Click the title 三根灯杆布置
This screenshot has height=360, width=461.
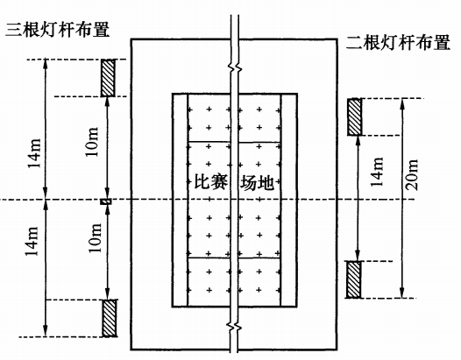point(58,30)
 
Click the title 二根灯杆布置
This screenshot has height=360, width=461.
point(398,43)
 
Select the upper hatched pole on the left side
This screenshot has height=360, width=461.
point(108,78)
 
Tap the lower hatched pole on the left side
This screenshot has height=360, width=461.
point(109,318)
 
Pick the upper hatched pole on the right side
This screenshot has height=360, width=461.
point(355,117)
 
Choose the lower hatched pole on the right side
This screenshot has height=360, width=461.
point(353,279)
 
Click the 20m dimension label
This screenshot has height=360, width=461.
point(412,175)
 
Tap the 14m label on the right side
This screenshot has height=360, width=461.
point(377,173)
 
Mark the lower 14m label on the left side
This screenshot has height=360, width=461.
point(32,241)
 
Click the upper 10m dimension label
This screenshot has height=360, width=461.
point(92,142)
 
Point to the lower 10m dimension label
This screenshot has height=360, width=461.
point(95,238)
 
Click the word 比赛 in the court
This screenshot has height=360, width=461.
point(211,182)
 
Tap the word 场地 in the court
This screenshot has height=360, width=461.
point(258,182)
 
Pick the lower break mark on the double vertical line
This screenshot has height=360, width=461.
point(234,326)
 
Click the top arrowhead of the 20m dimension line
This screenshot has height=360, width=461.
point(403,102)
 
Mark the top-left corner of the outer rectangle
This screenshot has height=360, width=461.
point(131,39)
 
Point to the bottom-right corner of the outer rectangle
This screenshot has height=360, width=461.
point(337,349)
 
